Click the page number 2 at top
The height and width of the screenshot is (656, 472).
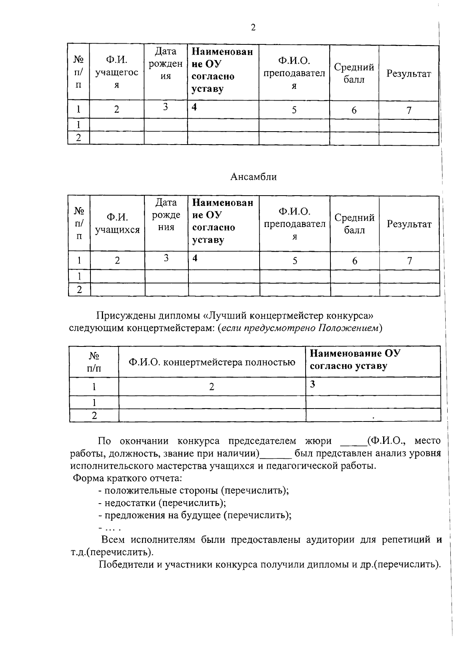[x=253, y=28]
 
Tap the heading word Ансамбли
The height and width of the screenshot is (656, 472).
[x=253, y=177]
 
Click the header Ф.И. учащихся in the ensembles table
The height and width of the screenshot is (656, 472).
[x=117, y=224]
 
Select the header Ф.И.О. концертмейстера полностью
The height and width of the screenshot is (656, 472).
[x=212, y=362]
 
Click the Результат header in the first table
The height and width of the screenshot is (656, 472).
[x=409, y=74]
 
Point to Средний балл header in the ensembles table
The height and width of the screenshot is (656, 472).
[x=354, y=224]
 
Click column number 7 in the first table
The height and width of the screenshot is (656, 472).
[x=409, y=110]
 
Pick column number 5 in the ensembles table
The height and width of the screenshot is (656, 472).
[x=295, y=261]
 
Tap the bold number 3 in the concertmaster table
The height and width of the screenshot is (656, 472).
[x=312, y=384]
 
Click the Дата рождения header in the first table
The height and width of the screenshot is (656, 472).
[x=166, y=64]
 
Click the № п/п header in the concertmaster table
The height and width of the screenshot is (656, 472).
[x=94, y=362]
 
